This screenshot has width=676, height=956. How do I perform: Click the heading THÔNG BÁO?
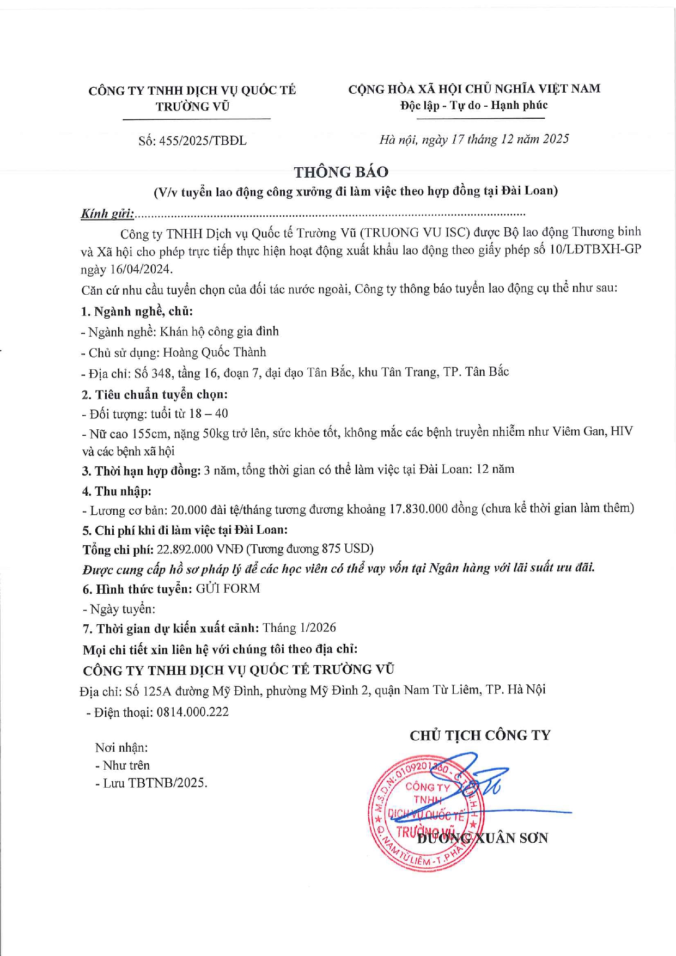pyautogui.click(x=341, y=172)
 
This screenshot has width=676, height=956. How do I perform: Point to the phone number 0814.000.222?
pyautogui.click(x=192, y=712)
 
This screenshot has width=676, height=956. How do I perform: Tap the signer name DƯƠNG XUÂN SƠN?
pyautogui.click(x=482, y=838)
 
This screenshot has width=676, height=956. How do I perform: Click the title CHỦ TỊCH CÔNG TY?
pyautogui.click(x=480, y=735)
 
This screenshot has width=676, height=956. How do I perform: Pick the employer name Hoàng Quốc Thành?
pyautogui.click(x=215, y=352)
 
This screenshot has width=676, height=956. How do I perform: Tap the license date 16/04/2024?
pyautogui.click(x=141, y=270)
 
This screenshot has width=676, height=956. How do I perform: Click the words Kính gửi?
pyautogui.click(x=107, y=214)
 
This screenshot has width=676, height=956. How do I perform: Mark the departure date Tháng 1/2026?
pyautogui.click(x=299, y=628)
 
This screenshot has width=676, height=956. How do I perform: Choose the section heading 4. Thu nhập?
pyautogui.click(x=117, y=491)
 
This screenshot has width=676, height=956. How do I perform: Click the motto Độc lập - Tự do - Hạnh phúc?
pyautogui.click(x=474, y=105)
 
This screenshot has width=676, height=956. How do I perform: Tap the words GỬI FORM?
pyautogui.click(x=228, y=588)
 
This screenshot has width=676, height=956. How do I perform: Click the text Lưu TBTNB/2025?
pyautogui.click(x=155, y=783)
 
